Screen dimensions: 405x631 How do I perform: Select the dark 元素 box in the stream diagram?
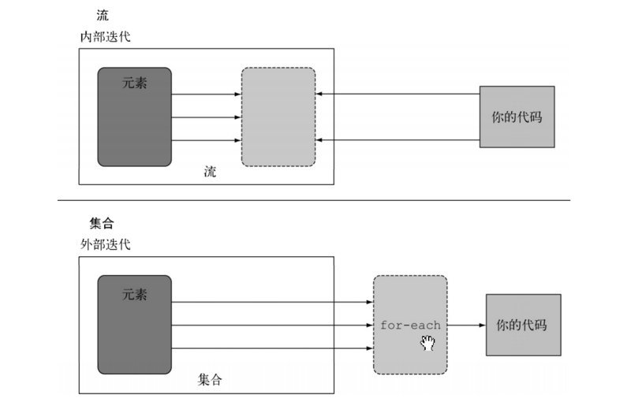pos(134,117)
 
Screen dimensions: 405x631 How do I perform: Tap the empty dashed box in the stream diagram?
pos(278,117)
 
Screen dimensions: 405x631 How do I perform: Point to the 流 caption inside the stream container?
pos(209,172)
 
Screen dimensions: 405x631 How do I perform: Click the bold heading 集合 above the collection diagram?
pos(103,224)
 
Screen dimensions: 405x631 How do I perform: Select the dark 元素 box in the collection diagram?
pos(134,324)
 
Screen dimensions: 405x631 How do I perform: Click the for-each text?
pos(410,325)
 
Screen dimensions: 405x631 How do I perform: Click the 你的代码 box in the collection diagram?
pos(523,325)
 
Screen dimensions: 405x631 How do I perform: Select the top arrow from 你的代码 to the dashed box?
pos(398,95)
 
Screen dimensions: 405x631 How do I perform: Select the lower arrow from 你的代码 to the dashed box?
pos(398,140)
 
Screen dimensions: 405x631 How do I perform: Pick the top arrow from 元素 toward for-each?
pos(272,301)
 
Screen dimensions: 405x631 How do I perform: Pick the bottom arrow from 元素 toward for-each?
pos(272,347)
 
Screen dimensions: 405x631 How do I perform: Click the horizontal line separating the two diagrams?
pos(315,201)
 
